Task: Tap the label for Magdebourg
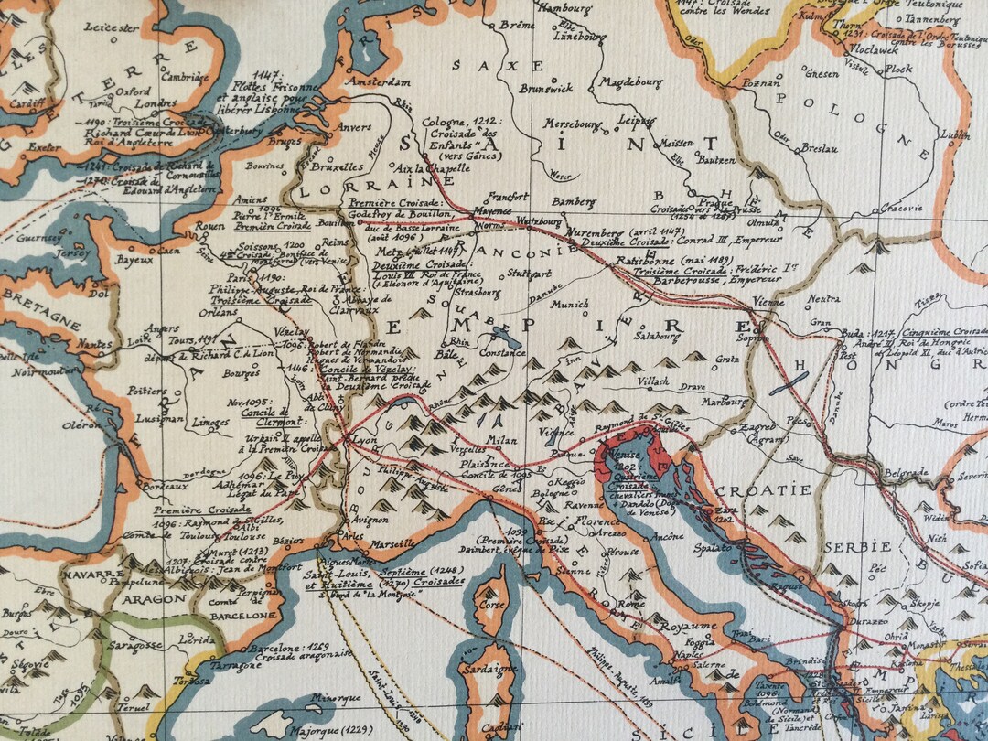coord(632,82)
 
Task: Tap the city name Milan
coord(496,441)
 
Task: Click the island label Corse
coord(492,605)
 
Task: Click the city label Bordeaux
coord(166,488)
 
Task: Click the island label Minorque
coord(333,697)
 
